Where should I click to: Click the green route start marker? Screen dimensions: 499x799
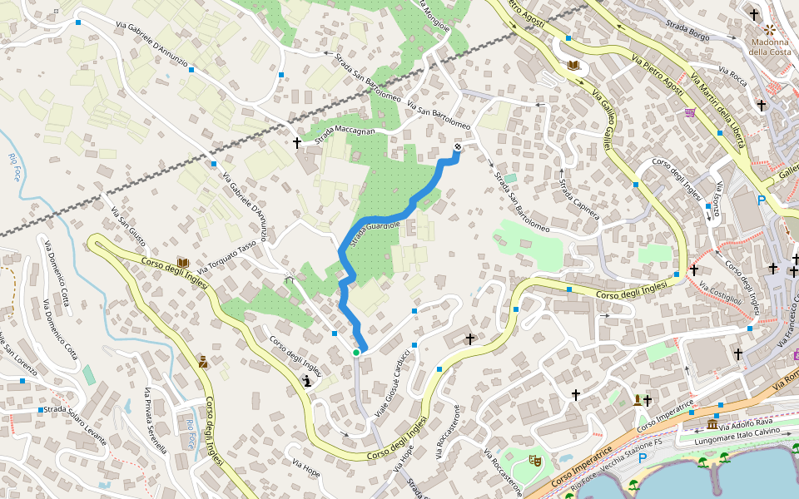click(x=356, y=353)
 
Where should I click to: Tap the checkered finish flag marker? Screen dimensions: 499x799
click(x=458, y=147)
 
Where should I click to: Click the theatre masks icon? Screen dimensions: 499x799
click(x=536, y=458)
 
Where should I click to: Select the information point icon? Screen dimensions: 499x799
click(x=307, y=382)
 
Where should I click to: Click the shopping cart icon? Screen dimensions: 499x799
click(x=690, y=112)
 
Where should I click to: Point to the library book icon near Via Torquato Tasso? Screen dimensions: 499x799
click(x=183, y=264)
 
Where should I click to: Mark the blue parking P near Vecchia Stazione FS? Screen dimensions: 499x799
click(x=642, y=458)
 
